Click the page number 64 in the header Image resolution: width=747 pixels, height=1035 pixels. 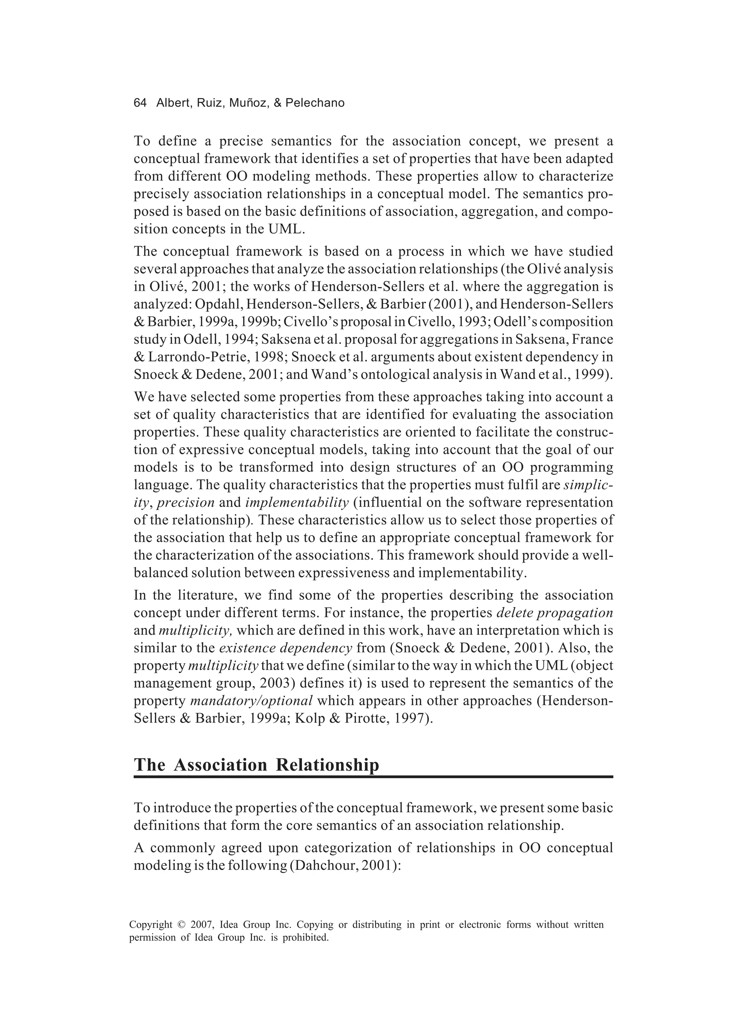pos(140,103)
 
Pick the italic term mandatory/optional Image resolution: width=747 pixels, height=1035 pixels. pos(251,701)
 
